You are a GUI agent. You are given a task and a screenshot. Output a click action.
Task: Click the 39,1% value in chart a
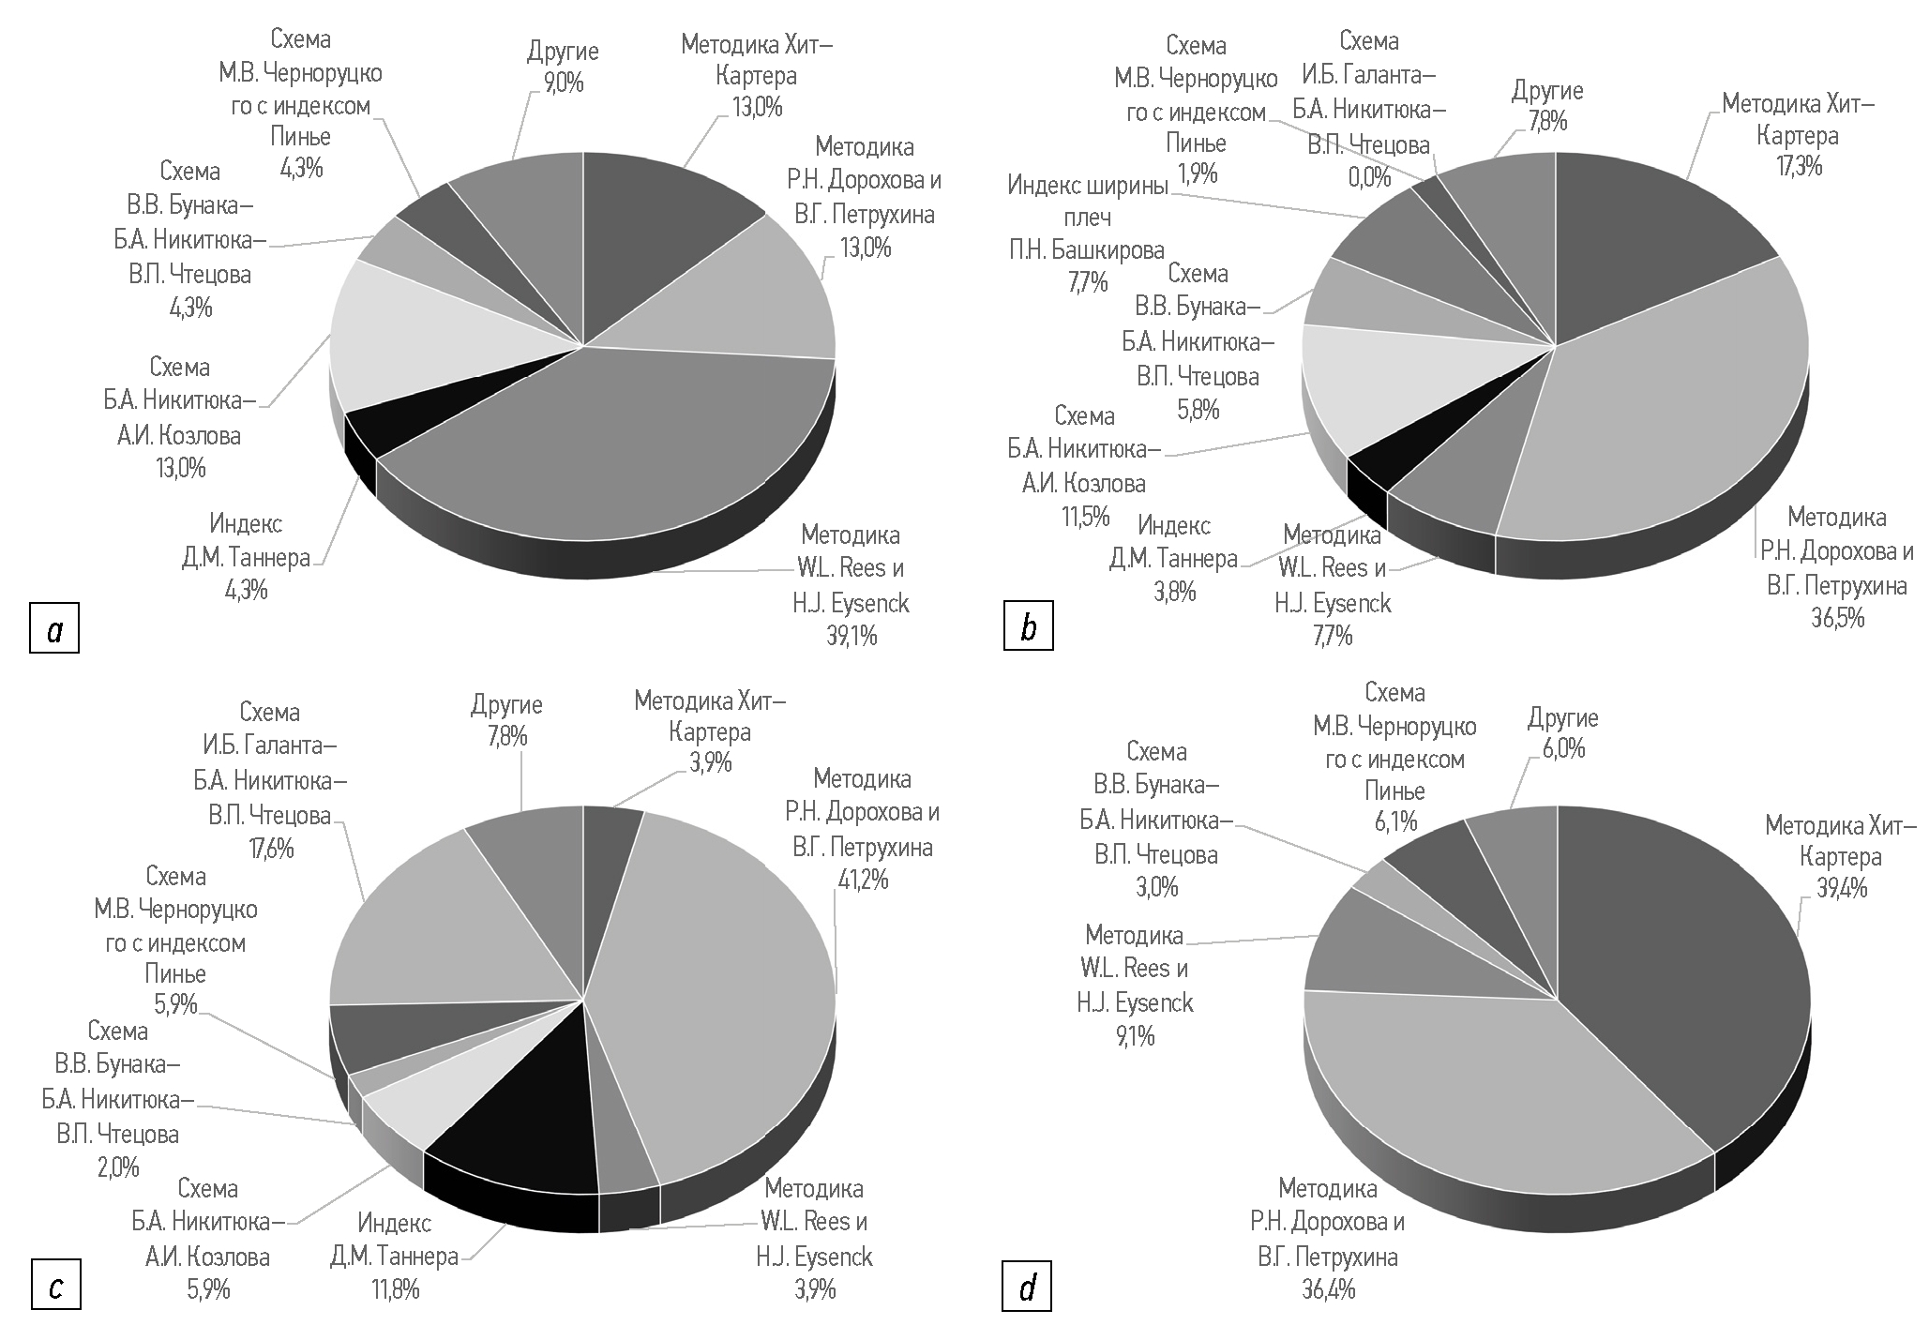851,636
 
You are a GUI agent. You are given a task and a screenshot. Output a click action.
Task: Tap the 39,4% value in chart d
1842,888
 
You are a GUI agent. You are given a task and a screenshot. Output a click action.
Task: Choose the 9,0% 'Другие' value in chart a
562,83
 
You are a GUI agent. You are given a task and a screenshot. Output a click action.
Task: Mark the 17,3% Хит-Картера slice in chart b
1650,234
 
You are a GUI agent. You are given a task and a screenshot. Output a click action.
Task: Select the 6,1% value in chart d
1394,822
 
